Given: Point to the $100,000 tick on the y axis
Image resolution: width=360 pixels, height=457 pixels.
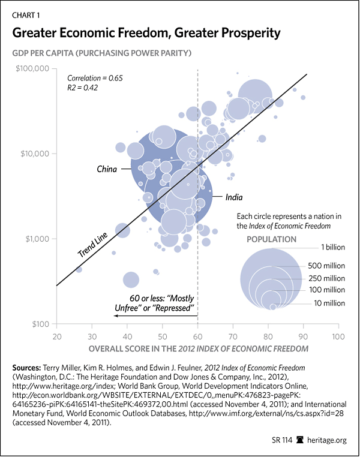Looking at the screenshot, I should (x=31, y=69).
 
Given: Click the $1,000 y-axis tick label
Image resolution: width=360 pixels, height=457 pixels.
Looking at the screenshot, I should (x=35, y=239).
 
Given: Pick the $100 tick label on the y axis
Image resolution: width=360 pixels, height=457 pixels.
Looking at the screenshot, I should (x=40, y=324).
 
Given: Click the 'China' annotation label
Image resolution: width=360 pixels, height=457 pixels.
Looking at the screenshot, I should (x=107, y=169).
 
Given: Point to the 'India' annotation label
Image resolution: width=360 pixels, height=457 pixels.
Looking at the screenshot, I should (x=235, y=197).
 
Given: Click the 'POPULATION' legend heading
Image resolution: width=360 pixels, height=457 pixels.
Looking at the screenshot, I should (x=271, y=239).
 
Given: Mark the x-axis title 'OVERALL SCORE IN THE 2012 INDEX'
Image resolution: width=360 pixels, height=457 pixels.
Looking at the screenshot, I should (x=198, y=348).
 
